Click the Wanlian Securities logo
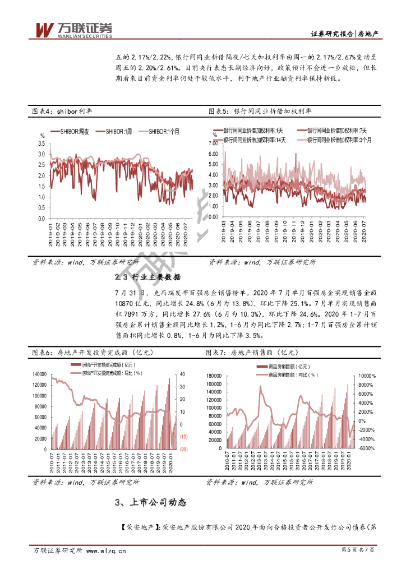click(x=73, y=29)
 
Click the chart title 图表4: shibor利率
click(x=62, y=112)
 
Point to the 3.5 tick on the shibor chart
click(x=41, y=143)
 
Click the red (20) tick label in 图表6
click(x=183, y=449)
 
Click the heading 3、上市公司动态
click(x=150, y=503)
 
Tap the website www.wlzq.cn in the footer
click(x=106, y=551)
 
